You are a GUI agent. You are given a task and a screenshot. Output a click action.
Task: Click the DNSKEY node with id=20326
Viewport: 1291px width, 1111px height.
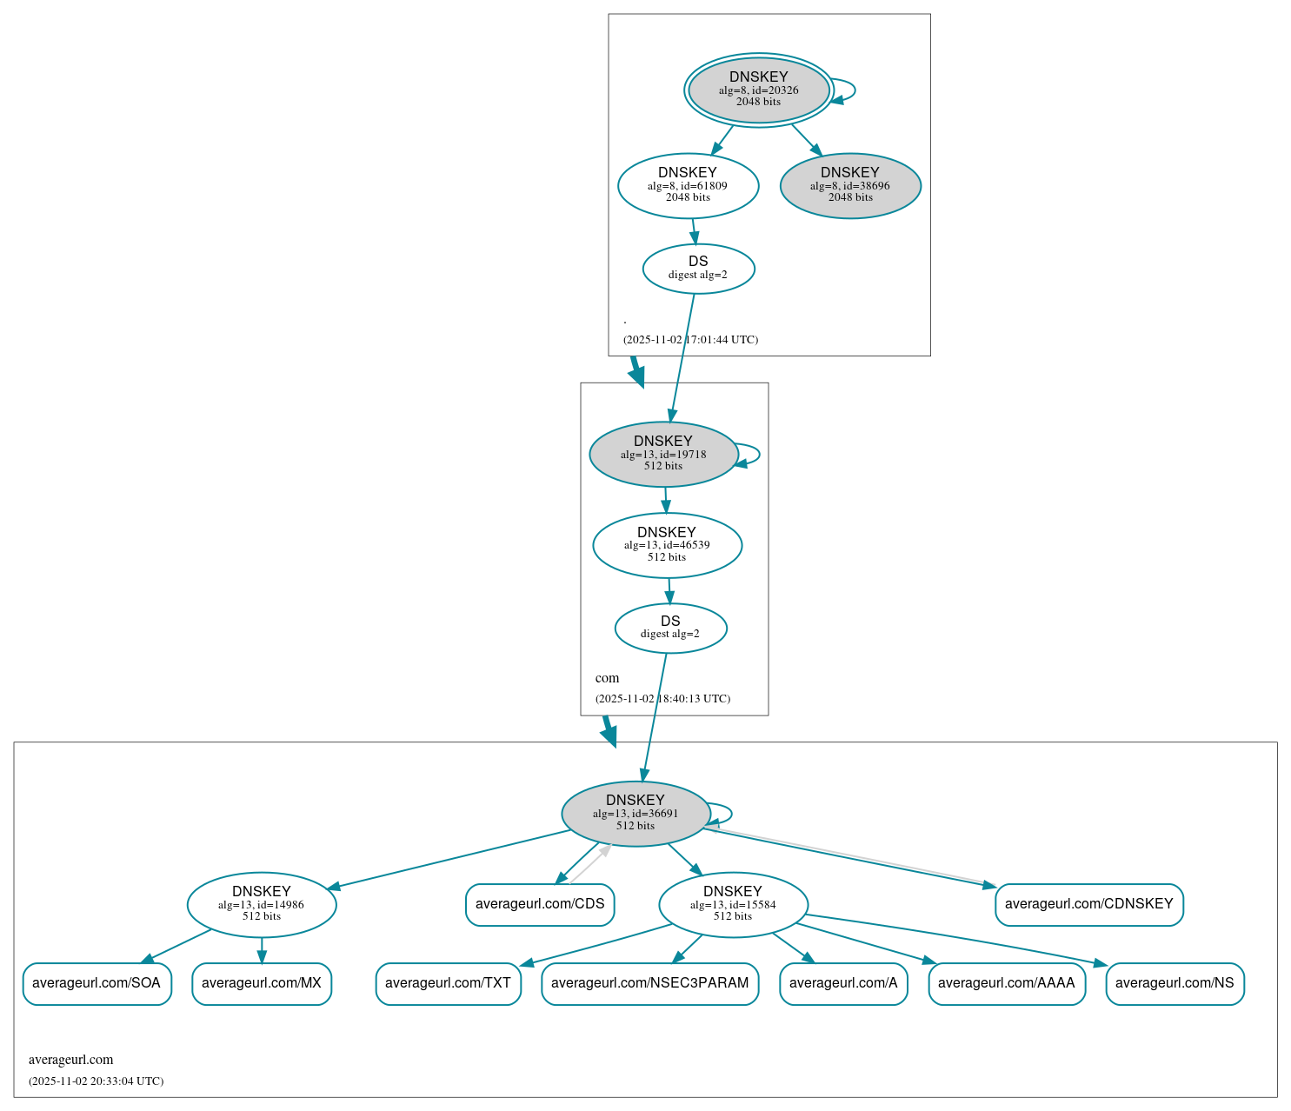click(x=758, y=90)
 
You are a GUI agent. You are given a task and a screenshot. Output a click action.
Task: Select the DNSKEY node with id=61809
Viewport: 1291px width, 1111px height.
click(x=688, y=185)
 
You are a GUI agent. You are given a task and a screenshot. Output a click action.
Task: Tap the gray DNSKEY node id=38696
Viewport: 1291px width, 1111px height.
click(x=850, y=185)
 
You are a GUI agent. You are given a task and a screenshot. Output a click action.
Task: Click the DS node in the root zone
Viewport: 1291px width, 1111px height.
click(x=698, y=269)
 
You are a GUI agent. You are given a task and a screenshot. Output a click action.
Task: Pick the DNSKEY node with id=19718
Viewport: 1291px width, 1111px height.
click(x=663, y=454)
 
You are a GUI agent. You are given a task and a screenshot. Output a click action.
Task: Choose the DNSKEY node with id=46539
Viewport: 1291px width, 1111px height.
click(x=667, y=545)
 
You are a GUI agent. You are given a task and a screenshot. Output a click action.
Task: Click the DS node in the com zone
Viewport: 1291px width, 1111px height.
click(x=670, y=628)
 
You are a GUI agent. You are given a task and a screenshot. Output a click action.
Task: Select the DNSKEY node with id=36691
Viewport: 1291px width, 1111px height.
click(x=636, y=813)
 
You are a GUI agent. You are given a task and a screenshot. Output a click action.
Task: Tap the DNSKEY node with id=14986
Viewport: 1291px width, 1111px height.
click(x=261, y=904)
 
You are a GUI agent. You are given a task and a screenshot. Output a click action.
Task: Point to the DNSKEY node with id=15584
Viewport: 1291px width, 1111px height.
click(x=733, y=904)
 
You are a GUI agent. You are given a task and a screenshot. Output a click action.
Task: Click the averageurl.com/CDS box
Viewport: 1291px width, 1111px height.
click(x=540, y=904)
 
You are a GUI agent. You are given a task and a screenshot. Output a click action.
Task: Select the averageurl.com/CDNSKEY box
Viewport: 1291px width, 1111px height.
click(x=1088, y=904)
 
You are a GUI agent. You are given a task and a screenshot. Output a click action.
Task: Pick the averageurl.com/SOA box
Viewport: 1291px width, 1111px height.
click(x=96, y=983)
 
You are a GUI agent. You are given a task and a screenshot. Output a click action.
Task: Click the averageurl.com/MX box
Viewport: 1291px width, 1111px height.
click(x=261, y=983)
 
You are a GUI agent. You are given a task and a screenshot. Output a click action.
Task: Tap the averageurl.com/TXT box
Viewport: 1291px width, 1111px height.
click(x=448, y=983)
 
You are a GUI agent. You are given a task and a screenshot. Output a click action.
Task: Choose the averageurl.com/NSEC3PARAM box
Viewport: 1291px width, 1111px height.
click(x=649, y=983)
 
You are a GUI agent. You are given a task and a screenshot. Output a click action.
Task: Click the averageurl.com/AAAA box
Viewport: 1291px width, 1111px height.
click(x=1006, y=983)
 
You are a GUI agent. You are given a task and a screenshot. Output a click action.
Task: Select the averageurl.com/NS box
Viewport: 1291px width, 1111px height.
click(x=1175, y=983)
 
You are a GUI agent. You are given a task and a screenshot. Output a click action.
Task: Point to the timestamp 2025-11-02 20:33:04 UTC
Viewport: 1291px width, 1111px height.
click(x=96, y=1081)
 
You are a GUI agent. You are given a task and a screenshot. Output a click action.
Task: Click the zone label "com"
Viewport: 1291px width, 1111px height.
click(x=607, y=678)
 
